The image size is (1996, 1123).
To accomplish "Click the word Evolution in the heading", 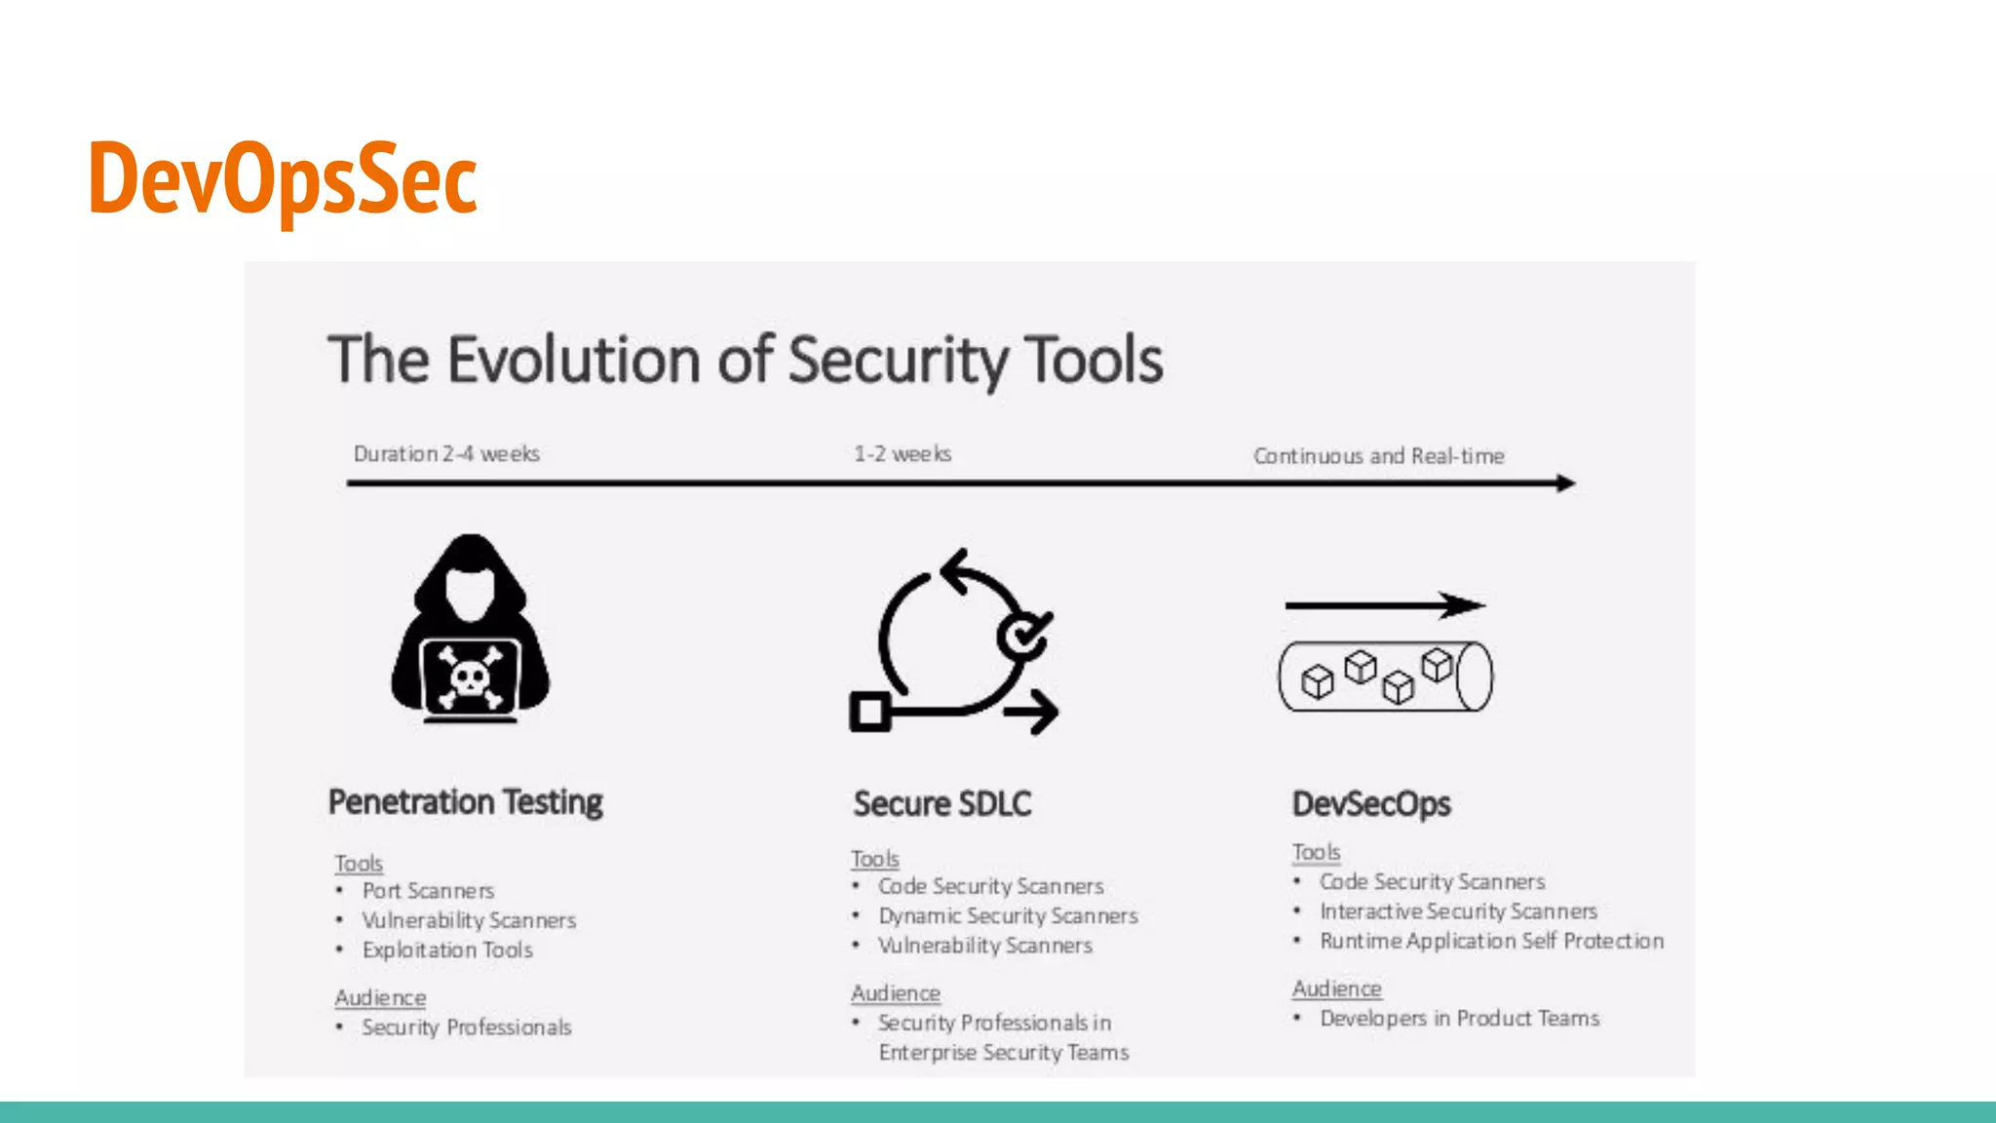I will [575, 361].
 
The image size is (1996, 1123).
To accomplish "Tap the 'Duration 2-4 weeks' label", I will [446, 454].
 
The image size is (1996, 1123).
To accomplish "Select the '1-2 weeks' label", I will [902, 454].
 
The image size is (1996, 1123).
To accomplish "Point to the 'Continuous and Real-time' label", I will [1378, 456].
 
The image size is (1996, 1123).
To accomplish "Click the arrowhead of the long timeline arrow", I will [1565, 483].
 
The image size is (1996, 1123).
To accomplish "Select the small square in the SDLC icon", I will [869, 712].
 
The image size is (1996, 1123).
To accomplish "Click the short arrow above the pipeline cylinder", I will [1384, 605].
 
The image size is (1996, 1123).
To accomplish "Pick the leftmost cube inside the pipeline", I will [1318, 681].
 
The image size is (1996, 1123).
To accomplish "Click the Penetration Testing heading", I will [465, 802].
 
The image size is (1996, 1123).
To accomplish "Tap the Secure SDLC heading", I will [941, 804].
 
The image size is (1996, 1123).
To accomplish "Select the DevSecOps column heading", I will [1370, 804].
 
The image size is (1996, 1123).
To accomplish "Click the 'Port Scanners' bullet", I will [428, 891].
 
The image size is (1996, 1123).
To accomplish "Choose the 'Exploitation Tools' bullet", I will [447, 949].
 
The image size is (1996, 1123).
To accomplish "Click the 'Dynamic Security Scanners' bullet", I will [1008, 916].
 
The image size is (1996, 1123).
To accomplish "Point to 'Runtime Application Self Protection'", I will [1491, 941].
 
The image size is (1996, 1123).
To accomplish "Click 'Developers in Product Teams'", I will [1459, 1019].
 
